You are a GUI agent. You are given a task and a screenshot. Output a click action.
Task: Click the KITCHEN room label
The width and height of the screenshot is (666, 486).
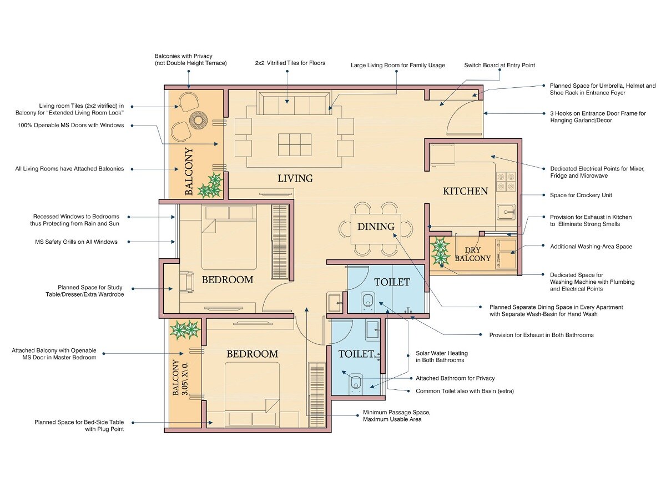(465, 191)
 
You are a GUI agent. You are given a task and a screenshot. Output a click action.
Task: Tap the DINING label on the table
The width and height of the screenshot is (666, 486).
(376, 227)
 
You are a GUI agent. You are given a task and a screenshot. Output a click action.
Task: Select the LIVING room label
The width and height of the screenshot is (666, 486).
(295, 178)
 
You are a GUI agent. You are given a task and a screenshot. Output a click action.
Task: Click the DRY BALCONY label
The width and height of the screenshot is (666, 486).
(473, 254)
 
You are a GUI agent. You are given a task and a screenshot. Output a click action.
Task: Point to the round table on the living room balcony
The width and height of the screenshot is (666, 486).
(198, 119)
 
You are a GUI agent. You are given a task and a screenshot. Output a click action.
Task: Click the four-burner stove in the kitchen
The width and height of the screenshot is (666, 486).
(506, 182)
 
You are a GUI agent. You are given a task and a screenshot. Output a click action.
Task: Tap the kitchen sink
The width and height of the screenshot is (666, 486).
(506, 212)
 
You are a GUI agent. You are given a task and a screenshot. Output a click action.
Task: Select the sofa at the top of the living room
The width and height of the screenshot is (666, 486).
(294, 103)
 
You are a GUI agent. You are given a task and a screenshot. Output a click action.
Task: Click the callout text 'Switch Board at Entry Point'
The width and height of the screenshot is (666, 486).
(500, 65)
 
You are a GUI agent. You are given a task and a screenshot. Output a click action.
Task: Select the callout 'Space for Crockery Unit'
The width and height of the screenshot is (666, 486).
(580, 195)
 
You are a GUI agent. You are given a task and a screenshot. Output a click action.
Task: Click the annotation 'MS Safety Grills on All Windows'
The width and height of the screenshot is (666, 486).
(75, 242)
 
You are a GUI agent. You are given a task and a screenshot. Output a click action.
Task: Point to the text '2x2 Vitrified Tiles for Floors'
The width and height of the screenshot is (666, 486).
(290, 63)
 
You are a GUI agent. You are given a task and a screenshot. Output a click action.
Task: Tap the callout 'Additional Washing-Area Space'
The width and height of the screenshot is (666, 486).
(591, 246)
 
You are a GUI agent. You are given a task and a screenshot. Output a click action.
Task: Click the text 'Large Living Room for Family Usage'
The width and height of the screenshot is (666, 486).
(397, 65)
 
